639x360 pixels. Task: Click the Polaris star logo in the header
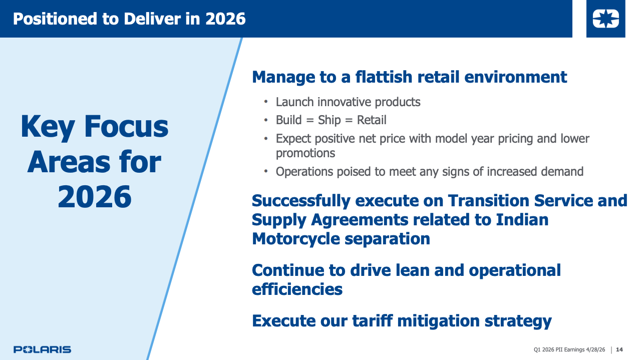[605, 19]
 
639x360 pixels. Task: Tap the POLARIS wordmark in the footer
[42, 349]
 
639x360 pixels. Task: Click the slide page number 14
[619, 349]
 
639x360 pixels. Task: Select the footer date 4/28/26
[595, 349]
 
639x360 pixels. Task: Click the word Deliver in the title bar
[152, 19]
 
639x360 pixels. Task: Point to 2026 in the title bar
[225, 19]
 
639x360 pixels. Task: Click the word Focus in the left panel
[126, 127]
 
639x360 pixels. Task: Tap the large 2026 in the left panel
[95, 197]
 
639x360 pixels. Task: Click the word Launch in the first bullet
[294, 102]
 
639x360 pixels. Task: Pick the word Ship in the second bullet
[329, 120]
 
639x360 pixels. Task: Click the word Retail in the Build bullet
[372, 120]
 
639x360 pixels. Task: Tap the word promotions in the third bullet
[305, 154]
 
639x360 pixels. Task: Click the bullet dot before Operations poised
[266, 171]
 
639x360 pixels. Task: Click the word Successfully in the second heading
[301, 201]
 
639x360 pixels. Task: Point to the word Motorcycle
[296, 239]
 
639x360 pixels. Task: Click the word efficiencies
[297, 289]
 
